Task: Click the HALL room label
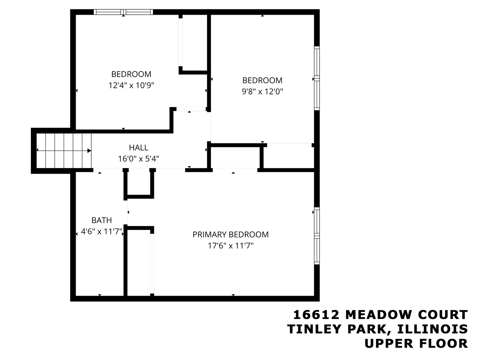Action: tap(138, 147)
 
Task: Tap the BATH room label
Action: tap(102, 220)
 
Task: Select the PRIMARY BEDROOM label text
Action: tap(231, 235)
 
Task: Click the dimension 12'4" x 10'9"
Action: tap(131, 86)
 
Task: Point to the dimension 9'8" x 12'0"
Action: tap(262, 92)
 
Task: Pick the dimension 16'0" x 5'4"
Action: tap(138, 159)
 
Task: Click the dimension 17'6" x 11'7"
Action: tap(231, 246)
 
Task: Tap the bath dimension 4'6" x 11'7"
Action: tap(102, 231)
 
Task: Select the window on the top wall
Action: tap(123, 12)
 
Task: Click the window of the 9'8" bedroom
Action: tap(317, 78)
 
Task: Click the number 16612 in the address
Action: tap(316, 314)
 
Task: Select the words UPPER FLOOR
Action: tap(416, 343)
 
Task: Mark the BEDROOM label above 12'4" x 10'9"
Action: tap(131, 74)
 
